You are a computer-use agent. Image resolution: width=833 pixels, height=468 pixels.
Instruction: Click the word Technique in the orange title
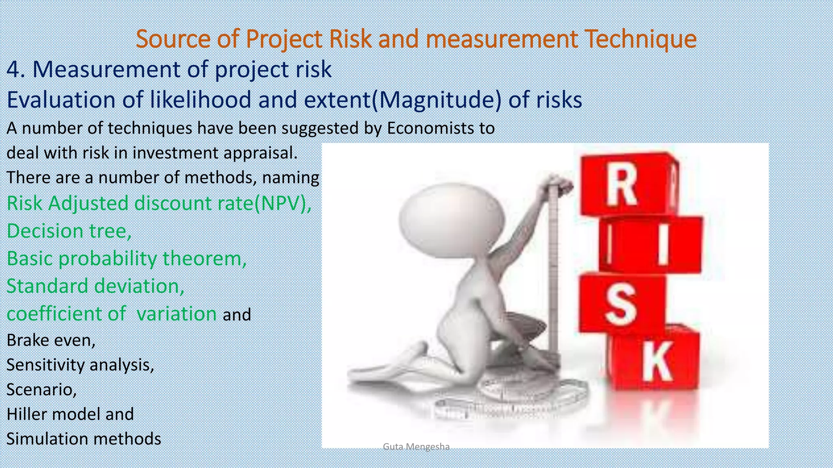click(640, 39)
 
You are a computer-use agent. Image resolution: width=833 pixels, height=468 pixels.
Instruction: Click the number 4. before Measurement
click(16, 69)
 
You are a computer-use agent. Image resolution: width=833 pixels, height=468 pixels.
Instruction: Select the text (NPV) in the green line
click(282, 203)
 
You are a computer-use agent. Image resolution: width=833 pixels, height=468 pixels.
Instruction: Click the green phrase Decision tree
click(68, 231)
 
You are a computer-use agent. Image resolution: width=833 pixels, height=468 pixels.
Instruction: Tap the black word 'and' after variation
click(237, 315)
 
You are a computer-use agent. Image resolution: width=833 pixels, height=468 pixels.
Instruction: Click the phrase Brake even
click(50, 340)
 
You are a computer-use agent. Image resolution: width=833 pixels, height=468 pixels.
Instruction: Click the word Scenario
click(41, 390)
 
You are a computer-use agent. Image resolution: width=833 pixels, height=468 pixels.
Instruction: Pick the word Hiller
click(26, 414)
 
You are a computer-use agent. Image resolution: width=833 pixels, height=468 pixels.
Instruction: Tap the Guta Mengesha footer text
click(416, 447)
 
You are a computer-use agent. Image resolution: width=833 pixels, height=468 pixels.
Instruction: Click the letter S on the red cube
click(620, 303)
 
